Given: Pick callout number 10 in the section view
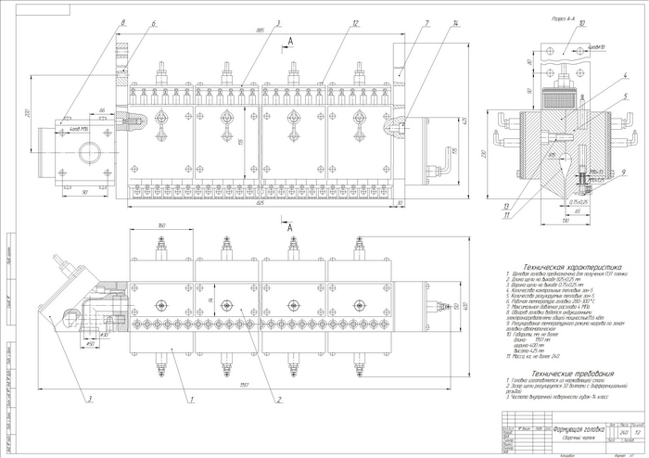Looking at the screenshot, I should click(582, 25).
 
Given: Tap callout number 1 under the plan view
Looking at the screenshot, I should click(190, 399).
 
